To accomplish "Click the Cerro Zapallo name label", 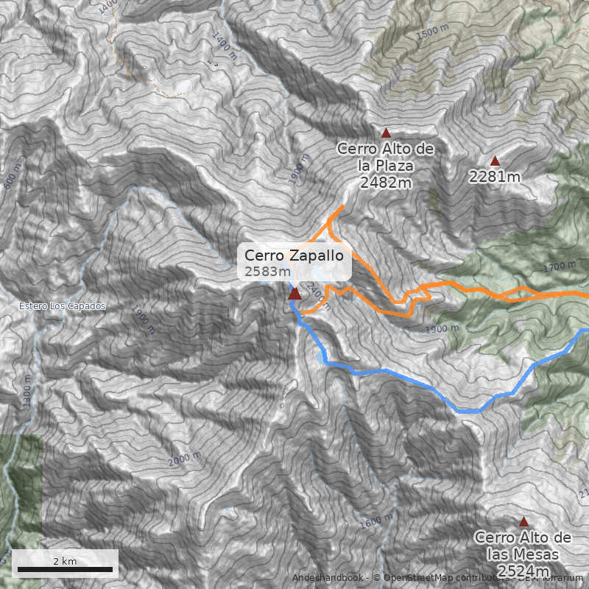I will click(x=294, y=256).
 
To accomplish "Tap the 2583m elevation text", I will click(x=267, y=272).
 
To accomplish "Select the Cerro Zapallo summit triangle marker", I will click(x=294, y=294).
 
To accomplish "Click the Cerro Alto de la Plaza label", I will click(x=386, y=158).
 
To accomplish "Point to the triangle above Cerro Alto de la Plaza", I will click(x=386, y=133).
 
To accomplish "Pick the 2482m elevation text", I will click(x=386, y=183).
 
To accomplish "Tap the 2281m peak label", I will click(x=495, y=177).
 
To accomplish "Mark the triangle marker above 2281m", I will click(x=495, y=161).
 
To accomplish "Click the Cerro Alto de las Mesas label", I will click(x=523, y=546).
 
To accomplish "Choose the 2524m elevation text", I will click(x=523, y=571).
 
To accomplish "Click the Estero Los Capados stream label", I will click(x=63, y=306).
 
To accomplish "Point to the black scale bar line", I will click(x=65, y=569).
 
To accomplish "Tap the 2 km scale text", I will click(x=65, y=561).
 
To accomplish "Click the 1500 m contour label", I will click(x=432, y=32).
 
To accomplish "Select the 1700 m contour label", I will click(x=559, y=266).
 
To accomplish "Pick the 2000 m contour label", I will click(x=184, y=459).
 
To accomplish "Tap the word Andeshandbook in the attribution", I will click(x=328, y=578).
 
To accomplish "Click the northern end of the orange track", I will click(x=342, y=208).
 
